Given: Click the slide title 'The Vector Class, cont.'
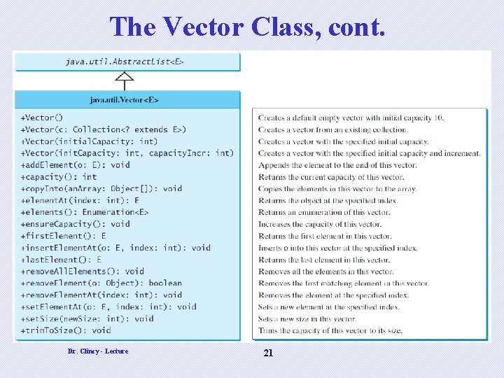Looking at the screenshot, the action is click(247, 27).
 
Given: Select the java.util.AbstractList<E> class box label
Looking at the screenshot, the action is click(125, 62).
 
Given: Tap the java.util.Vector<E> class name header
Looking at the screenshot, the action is click(125, 99).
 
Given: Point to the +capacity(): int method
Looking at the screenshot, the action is click(59, 176).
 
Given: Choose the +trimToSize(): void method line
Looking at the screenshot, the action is click(66, 330).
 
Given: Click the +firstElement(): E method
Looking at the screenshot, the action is click(63, 236).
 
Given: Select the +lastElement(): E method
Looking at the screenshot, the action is click(61, 259).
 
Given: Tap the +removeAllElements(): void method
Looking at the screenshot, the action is click(82, 271).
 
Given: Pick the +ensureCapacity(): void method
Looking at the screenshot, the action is click(75, 224).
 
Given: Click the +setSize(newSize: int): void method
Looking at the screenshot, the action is click(87, 318).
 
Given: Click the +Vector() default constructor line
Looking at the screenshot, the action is click(41, 118).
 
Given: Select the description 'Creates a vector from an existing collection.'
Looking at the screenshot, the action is click(332, 129).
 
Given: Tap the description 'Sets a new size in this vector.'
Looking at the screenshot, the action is click(307, 318).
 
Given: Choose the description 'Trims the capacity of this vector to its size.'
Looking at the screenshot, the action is click(330, 330).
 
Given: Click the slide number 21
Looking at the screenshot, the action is click(267, 353).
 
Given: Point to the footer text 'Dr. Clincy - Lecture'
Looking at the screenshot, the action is click(98, 351).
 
